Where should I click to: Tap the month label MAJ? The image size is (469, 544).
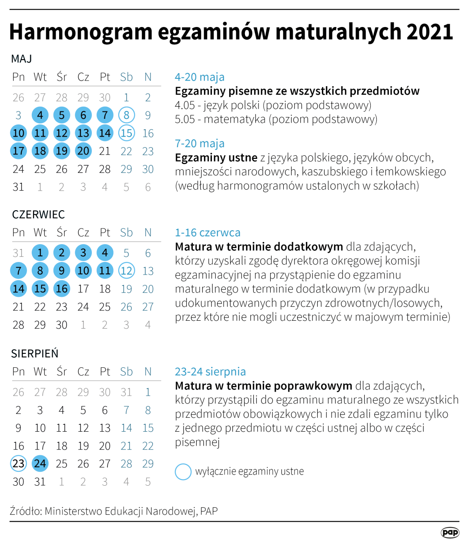[21, 59]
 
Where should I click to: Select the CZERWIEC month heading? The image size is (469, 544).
[38, 215]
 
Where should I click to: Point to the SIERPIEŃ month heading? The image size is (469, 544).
[35, 353]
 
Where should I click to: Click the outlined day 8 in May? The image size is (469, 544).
[126, 115]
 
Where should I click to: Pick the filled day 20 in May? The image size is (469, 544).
[83, 151]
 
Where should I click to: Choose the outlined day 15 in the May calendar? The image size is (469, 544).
[126, 133]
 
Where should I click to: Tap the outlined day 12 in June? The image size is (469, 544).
[126, 271]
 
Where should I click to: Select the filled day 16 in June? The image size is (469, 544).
[61, 289]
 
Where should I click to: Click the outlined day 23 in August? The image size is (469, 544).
[18, 463]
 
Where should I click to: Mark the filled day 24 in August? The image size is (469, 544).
[40, 463]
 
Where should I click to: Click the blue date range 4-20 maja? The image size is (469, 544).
[200, 77]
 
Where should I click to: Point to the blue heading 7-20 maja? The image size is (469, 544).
[200, 143]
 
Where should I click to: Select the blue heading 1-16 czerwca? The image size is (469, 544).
[208, 232]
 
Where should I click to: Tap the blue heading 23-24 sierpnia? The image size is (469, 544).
[210, 371]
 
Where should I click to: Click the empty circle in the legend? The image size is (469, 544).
[183, 471]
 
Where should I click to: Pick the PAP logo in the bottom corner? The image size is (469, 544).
[450, 532]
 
